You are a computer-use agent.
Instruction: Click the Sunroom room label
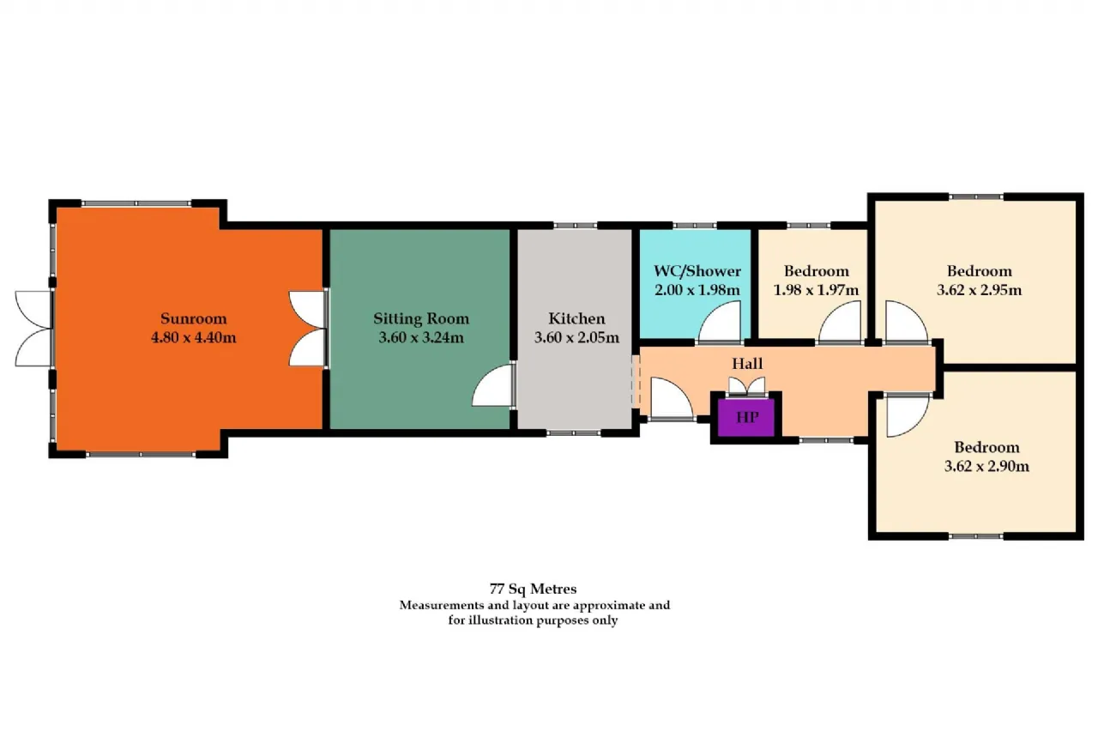(x=194, y=318)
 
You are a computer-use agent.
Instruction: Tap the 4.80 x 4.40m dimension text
(x=194, y=338)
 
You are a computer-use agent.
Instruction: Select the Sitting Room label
(x=421, y=319)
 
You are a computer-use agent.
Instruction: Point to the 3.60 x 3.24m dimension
(x=421, y=338)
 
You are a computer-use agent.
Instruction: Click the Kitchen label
(x=576, y=318)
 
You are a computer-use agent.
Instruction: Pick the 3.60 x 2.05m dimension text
(x=576, y=338)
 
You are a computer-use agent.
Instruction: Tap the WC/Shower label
(x=697, y=271)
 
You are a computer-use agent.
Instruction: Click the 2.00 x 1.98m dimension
(x=697, y=290)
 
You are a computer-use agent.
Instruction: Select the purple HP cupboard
(x=746, y=418)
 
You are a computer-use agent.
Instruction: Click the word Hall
(x=747, y=364)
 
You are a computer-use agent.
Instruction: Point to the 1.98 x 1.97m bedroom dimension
(x=816, y=290)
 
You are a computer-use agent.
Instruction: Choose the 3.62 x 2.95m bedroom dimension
(x=980, y=290)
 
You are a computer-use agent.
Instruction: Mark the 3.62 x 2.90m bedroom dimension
(x=986, y=466)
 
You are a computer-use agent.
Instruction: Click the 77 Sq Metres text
(x=533, y=589)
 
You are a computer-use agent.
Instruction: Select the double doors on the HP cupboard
(x=746, y=387)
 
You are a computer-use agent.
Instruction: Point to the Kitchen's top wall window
(x=576, y=226)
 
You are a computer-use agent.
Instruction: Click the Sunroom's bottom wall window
(x=141, y=455)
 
